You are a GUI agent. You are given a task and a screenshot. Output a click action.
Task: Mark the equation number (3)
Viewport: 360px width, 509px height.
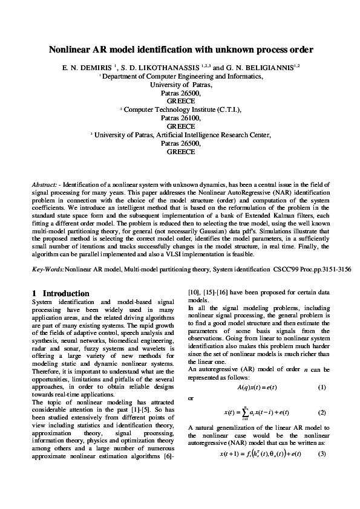[x=322, y=470]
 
